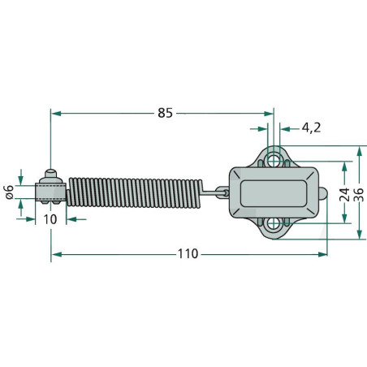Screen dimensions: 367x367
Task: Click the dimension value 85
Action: pos(165,113)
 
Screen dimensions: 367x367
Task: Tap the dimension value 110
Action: pos(188,254)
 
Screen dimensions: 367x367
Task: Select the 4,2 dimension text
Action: pos(311,127)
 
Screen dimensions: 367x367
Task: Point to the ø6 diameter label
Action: pos(10,192)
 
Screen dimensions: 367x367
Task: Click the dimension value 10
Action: pos(50,219)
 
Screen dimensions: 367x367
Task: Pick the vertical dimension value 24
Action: pos(344,194)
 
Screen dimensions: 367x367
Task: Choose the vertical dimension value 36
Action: pos(359,194)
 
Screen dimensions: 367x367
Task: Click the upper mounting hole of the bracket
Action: pos(274,160)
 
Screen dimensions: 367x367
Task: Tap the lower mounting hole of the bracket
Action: pos(274,224)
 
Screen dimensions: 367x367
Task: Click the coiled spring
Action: pos(134,193)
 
